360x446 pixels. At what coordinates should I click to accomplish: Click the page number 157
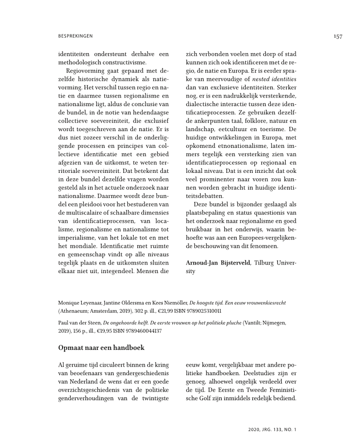point(337,36)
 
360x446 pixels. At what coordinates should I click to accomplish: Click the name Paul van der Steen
point(79,322)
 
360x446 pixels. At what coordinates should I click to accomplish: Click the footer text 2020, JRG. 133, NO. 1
point(272,428)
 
